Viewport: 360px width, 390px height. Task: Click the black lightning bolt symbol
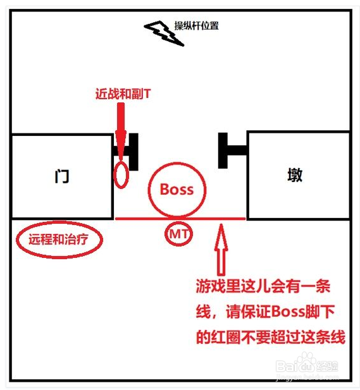(x=163, y=34)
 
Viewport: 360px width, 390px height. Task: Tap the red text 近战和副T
(x=124, y=94)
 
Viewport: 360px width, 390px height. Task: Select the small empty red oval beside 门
(x=121, y=174)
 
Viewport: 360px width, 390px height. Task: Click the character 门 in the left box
(x=61, y=176)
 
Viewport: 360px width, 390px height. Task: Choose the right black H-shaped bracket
(x=231, y=150)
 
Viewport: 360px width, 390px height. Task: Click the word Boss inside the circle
(x=177, y=189)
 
